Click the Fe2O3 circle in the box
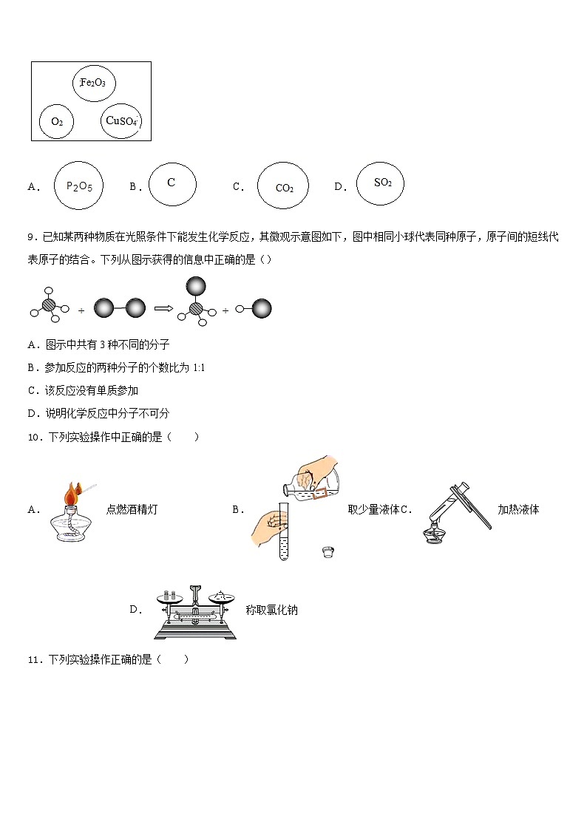pos(94,83)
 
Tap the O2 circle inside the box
pos(57,121)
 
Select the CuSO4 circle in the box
pos(121,120)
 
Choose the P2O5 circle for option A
pos(79,186)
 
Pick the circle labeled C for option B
pos(172,183)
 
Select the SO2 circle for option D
pos(381,183)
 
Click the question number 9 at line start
pos(32,237)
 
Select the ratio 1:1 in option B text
pos(198,367)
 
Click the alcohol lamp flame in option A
pos(72,493)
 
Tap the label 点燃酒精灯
pos(132,509)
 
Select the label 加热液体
pos(518,509)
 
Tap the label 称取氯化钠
pos(271,610)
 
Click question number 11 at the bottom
pos(34,659)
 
